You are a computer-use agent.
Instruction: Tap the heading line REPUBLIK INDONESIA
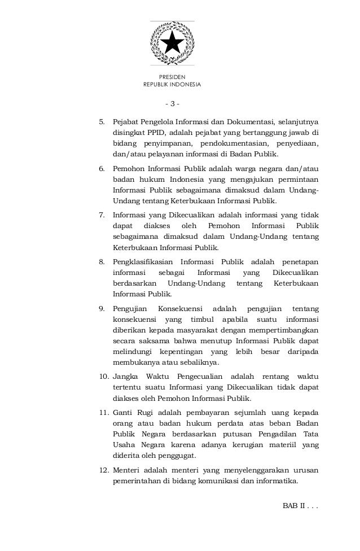[172, 85]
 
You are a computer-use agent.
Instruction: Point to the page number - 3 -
[172, 104]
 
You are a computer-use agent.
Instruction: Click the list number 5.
[102, 121]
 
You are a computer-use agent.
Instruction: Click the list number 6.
[102, 168]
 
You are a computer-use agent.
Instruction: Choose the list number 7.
[102, 215]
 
